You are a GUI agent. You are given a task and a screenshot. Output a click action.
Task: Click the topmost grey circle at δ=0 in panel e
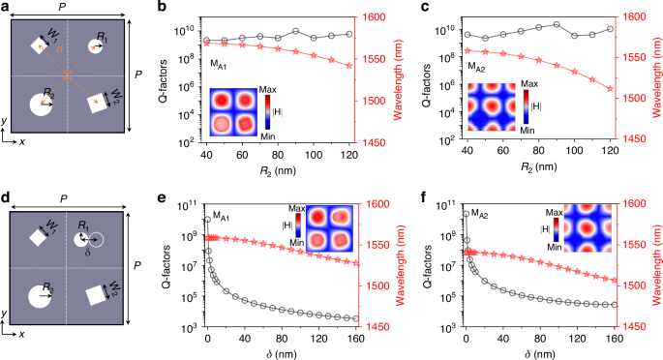click(207, 220)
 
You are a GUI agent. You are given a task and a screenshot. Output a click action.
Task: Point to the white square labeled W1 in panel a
click(40, 45)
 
